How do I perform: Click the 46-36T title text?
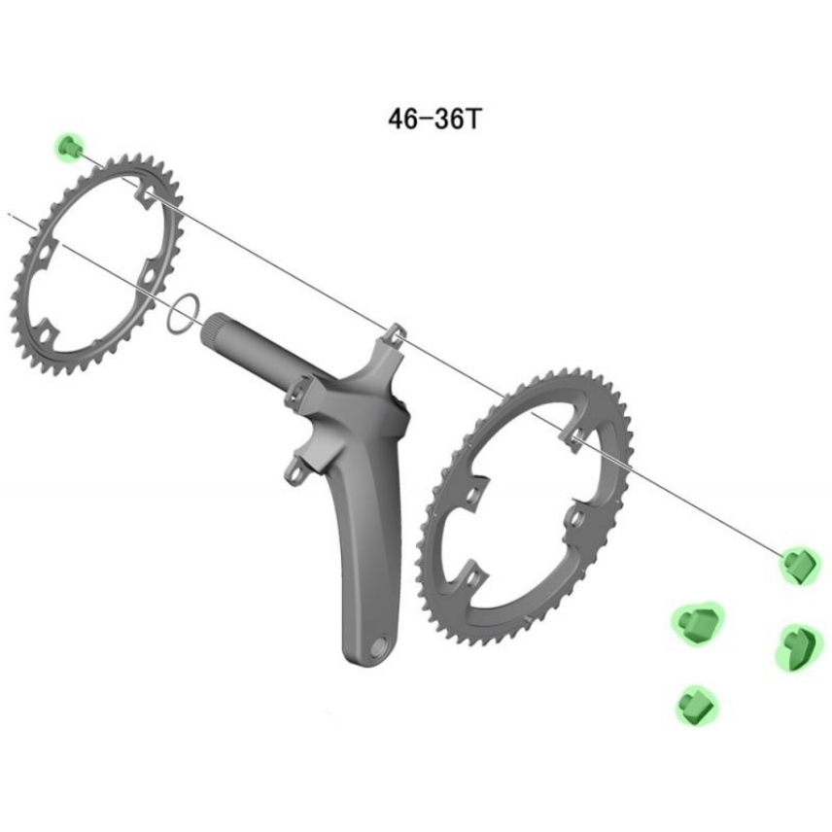click(x=434, y=119)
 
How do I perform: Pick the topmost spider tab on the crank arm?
click(x=395, y=334)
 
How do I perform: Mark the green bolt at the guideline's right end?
click(x=800, y=564)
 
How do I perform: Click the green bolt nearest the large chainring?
click(x=696, y=622)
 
